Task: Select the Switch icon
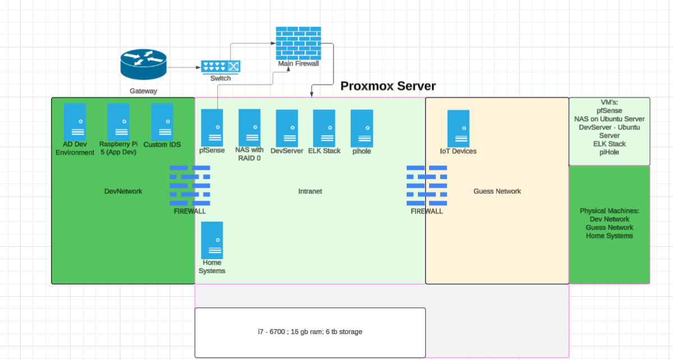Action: pyautogui.click(x=220, y=67)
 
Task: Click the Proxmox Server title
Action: pyautogui.click(x=388, y=86)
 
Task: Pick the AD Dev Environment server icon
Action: pyautogui.click(x=75, y=122)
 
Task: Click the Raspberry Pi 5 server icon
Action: pyautogui.click(x=118, y=122)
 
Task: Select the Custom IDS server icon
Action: pyautogui.click(x=162, y=122)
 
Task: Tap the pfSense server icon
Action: pyautogui.click(x=212, y=127)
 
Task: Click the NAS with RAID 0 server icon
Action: pyautogui.click(x=250, y=127)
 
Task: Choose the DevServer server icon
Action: pyautogui.click(x=287, y=128)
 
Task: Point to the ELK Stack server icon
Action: pyautogui.click(x=324, y=128)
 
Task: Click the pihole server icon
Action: pyautogui.click(x=362, y=128)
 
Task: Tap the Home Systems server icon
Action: pyautogui.click(x=212, y=239)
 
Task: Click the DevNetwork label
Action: pyautogui.click(x=123, y=191)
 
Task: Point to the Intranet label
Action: pyautogui.click(x=310, y=191)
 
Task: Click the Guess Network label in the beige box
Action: pyautogui.click(x=497, y=191)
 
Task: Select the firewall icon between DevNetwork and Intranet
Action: pyautogui.click(x=190, y=186)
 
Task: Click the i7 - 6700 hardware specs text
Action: pyautogui.click(x=310, y=332)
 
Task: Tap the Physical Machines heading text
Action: pyautogui.click(x=609, y=211)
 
